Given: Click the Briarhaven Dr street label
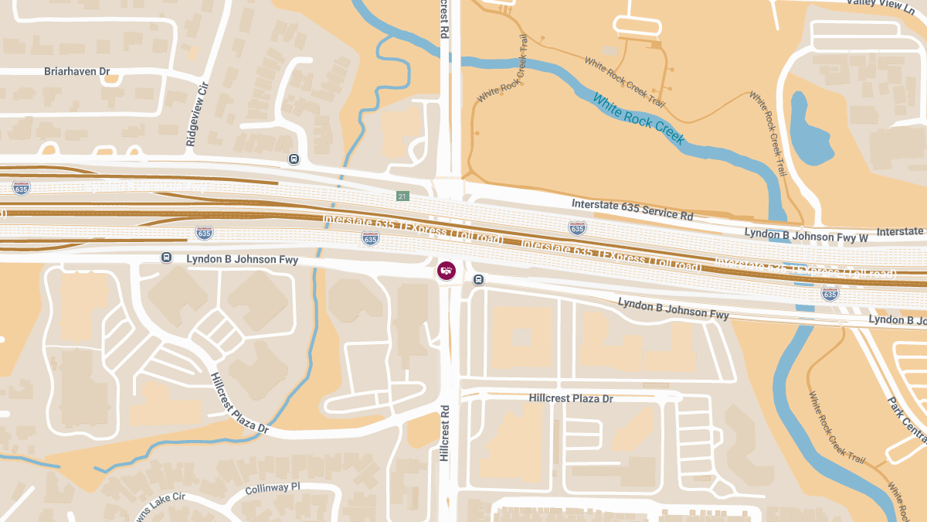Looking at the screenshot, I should point(82,71).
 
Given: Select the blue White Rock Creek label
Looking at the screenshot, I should point(638,120).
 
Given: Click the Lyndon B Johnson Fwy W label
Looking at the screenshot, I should point(806,234).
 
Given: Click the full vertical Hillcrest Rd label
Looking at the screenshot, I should point(444,433).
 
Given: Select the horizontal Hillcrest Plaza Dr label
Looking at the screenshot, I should point(571,398).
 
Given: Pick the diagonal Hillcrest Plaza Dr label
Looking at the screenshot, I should point(239,403).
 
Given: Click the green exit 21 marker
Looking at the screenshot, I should point(402,196).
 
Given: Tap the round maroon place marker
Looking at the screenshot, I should point(447,271).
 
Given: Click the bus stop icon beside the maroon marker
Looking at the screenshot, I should point(479,279).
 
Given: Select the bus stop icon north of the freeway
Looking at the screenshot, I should point(294,159).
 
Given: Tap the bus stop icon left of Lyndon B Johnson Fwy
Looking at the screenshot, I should point(166,257).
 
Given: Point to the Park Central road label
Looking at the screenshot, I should point(904,422).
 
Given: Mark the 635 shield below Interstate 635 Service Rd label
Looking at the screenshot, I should point(577,227).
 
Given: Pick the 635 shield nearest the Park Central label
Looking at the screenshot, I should point(830,293).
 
